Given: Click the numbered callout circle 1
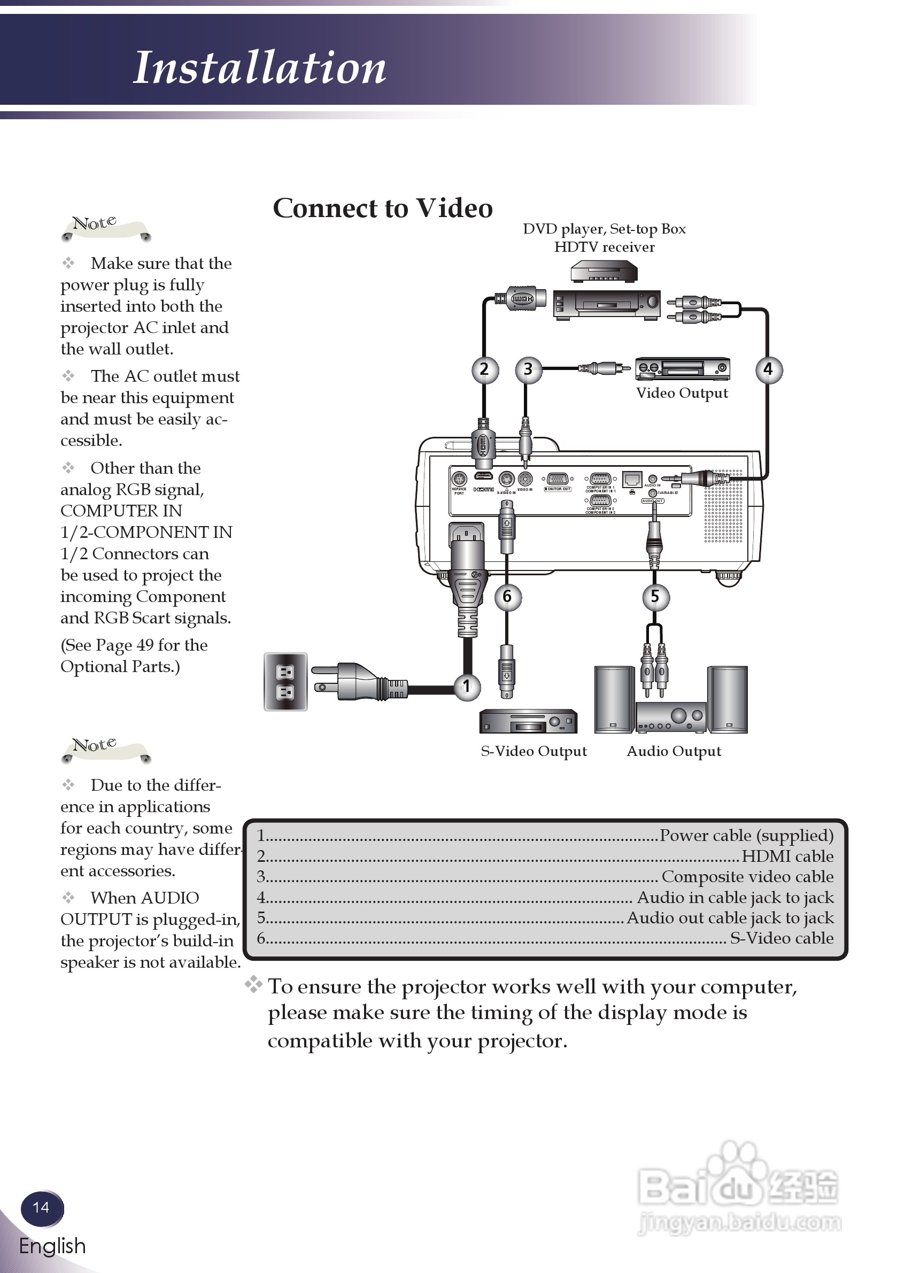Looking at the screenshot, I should pyautogui.click(x=467, y=686).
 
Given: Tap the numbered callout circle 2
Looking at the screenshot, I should pyautogui.click(x=484, y=369).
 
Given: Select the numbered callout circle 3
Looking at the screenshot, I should pyautogui.click(x=528, y=369).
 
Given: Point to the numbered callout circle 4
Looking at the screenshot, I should pyautogui.click(x=768, y=369).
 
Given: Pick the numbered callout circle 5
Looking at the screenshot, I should pyautogui.click(x=655, y=597).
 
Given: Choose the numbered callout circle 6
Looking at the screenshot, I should pyautogui.click(x=507, y=597).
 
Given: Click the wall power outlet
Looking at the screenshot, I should pyautogui.click(x=285, y=682).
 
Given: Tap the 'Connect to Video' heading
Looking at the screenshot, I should pyautogui.click(x=383, y=209).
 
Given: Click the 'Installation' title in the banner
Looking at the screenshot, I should pyautogui.click(x=259, y=68).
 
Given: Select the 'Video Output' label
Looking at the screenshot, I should pyautogui.click(x=682, y=393).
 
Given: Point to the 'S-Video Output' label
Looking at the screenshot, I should pyautogui.click(x=533, y=751).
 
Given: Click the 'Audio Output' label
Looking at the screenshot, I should pyautogui.click(x=674, y=751).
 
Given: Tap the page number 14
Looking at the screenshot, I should pyautogui.click(x=41, y=1208).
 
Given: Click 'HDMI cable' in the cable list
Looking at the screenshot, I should pyautogui.click(x=787, y=856).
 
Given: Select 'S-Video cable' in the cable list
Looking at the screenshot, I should pyautogui.click(x=781, y=938).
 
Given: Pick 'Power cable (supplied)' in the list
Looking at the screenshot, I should pyautogui.click(x=746, y=836).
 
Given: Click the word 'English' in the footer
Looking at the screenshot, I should pyautogui.click(x=53, y=1246).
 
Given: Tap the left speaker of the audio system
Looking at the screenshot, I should pyautogui.click(x=614, y=700).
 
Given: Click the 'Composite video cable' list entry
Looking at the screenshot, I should pyautogui.click(x=747, y=877).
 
